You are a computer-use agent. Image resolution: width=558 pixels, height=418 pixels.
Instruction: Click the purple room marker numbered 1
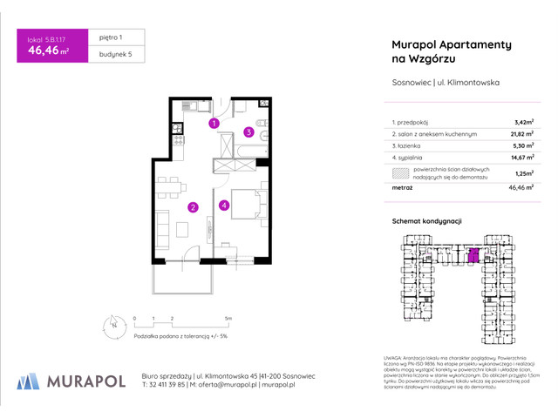pos(214,124)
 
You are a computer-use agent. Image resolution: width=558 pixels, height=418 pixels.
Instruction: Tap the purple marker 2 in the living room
pos(193,207)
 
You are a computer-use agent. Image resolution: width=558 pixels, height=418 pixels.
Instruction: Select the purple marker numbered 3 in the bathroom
pos(248,132)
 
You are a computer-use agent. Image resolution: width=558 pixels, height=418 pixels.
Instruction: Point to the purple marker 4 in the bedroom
pos(224,206)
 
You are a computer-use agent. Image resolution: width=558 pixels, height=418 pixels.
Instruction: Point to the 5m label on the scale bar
pos(228,319)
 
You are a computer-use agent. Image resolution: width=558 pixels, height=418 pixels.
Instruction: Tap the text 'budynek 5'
pos(114,55)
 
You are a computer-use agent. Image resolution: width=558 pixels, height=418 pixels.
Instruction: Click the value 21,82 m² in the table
pos(522,135)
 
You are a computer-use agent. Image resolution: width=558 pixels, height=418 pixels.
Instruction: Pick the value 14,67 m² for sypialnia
pos(522,158)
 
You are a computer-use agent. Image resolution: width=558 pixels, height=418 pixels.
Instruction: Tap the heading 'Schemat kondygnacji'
pos(426,222)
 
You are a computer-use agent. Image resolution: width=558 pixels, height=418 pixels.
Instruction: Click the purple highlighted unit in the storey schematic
pos(473,255)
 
